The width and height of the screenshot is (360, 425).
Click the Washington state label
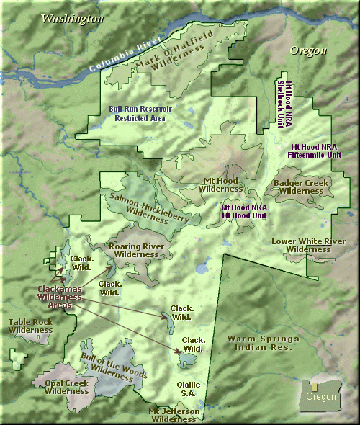click(72, 19)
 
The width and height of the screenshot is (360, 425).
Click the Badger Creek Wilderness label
click(301, 187)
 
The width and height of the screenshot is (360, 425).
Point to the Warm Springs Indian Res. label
click(259, 342)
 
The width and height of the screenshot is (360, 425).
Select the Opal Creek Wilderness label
click(66, 387)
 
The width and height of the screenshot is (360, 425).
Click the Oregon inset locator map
click(320, 396)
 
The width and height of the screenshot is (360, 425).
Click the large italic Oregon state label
click(308, 50)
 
